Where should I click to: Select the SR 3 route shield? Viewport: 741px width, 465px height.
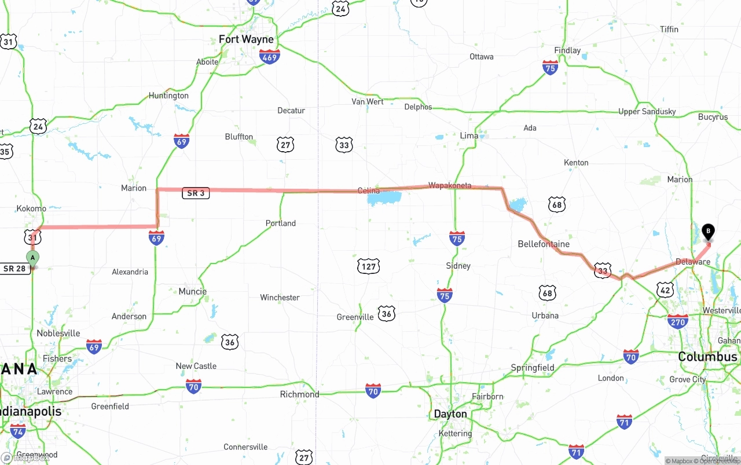196,193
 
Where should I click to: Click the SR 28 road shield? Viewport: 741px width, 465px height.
15,269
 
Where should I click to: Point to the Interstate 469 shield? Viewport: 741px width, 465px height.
270,56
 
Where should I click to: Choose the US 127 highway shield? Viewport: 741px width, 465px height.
369,266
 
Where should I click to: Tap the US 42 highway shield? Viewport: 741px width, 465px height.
665,290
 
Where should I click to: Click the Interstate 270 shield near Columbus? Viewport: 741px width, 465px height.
677,321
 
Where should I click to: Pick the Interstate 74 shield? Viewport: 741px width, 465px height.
18,430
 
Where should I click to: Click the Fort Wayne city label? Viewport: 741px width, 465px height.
246,39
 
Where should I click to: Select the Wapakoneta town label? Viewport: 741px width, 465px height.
450,185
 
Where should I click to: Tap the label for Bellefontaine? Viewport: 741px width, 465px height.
544,244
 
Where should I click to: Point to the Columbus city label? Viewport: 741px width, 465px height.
707,357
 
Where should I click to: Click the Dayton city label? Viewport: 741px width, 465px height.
450,414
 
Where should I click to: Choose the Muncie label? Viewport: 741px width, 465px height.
192,291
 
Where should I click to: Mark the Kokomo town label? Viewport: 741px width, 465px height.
31,208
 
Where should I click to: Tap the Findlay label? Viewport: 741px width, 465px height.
567,50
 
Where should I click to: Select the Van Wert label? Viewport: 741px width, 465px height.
367,101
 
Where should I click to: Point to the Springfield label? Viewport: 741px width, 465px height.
533,368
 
